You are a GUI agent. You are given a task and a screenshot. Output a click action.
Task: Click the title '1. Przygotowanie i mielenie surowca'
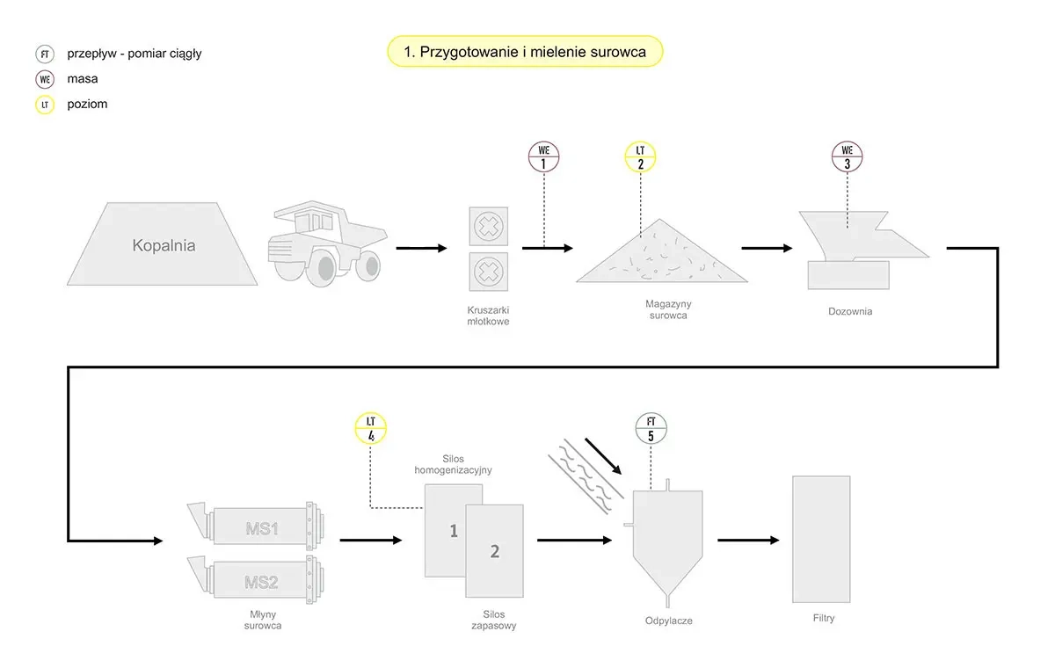tap(525, 52)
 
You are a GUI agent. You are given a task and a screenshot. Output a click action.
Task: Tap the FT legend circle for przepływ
tap(45, 54)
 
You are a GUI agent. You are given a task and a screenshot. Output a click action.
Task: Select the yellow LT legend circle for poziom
tap(45, 105)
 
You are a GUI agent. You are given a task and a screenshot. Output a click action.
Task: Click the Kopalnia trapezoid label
tap(164, 245)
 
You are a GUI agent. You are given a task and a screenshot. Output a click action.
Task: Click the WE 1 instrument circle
tap(544, 156)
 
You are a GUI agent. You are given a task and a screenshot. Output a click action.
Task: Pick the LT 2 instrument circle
tap(641, 156)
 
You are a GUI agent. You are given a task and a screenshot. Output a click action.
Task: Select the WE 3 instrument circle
tap(848, 156)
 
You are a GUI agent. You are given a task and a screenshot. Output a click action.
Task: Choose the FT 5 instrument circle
tap(651, 428)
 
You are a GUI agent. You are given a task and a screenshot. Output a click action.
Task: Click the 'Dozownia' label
tap(850, 311)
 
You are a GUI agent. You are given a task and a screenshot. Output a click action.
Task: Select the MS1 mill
tap(261, 527)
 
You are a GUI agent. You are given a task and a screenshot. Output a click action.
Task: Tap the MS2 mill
tap(261, 580)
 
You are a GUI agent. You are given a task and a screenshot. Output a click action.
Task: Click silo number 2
tap(494, 552)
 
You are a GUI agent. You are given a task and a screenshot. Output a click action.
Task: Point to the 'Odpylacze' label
tap(668, 621)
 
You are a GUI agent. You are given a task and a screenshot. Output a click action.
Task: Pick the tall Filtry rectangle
tap(821, 539)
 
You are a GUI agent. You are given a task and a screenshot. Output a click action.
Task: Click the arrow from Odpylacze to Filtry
tap(748, 541)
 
